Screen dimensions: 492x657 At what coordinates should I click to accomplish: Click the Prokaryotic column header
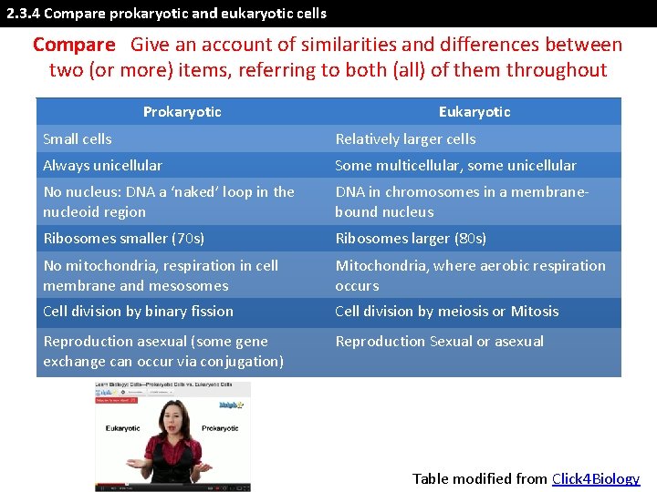(182, 112)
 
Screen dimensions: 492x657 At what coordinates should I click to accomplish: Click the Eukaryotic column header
(474, 112)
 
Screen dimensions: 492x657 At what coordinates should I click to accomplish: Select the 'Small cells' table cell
(78, 139)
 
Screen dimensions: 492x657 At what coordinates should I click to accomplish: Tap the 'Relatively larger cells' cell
(405, 139)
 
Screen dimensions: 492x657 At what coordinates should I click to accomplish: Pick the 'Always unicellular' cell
(102, 166)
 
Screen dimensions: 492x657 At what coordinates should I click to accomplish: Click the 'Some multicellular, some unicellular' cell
(455, 166)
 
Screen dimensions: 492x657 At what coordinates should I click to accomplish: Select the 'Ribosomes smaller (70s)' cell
(123, 239)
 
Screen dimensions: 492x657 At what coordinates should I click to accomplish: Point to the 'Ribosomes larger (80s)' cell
(411, 239)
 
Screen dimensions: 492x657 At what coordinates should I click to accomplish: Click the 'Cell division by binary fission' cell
(138, 312)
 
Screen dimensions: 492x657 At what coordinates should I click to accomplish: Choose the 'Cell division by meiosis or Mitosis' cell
(446, 312)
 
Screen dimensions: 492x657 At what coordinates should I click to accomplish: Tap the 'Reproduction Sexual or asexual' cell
(439, 342)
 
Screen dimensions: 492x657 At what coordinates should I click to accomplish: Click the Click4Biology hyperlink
(596, 478)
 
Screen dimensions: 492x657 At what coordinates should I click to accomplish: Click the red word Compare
(74, 45)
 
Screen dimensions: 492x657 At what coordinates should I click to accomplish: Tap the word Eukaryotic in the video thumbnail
(122, 428)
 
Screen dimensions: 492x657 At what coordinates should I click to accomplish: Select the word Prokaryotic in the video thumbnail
(220, 428)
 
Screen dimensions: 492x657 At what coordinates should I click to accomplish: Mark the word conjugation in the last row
(241, 362)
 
